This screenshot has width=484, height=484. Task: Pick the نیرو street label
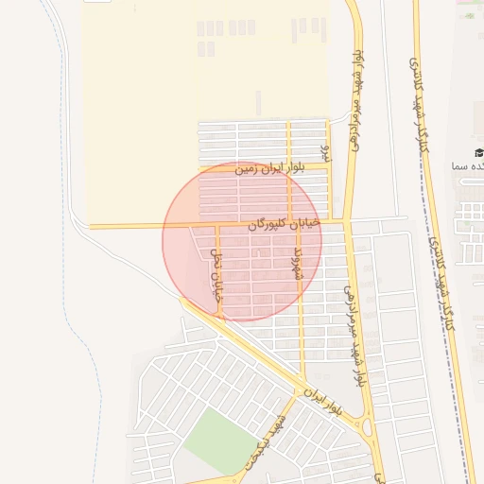[324, 152]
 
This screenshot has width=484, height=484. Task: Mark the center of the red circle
[242, 241]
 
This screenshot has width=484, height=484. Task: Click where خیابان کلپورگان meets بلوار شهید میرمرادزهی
[346, 222]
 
